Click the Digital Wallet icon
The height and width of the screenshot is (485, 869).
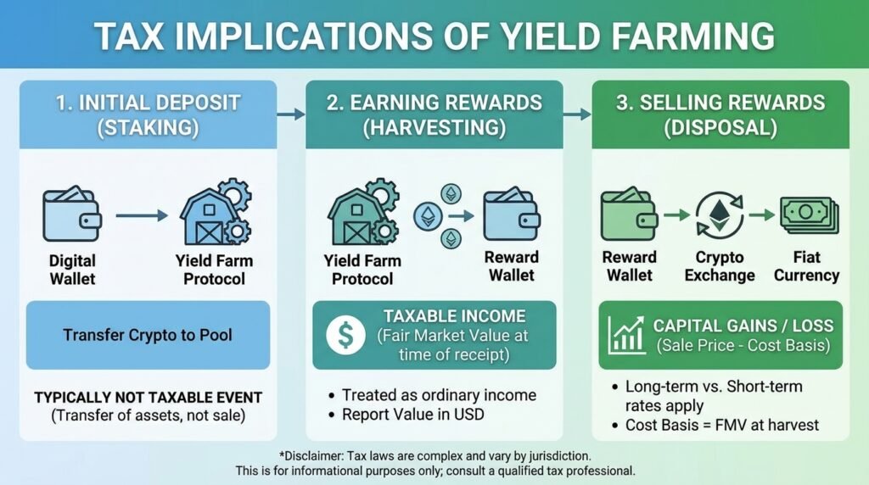point(71,216)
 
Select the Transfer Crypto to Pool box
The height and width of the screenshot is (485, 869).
point(148,334)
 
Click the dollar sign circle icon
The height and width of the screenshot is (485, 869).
point(346,334)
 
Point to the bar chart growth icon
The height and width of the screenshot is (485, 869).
point(627,334)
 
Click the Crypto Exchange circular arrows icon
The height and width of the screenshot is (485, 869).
point(719,215)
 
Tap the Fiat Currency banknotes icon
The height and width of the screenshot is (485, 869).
point(807,215)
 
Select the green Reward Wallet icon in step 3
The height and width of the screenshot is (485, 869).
point(629,215)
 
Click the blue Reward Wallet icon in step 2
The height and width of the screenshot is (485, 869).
point(511,215)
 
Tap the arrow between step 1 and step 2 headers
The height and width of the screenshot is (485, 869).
point(290,113)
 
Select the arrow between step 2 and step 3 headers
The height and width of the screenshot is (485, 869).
point(576,113)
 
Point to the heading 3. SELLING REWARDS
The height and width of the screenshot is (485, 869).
point(720,103)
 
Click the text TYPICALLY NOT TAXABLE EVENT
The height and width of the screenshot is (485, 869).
point(148,397)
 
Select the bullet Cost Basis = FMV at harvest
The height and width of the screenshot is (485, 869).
point(721,424)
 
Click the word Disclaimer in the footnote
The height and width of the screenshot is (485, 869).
point(317,454)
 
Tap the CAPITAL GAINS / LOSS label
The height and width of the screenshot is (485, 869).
point(743,325)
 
